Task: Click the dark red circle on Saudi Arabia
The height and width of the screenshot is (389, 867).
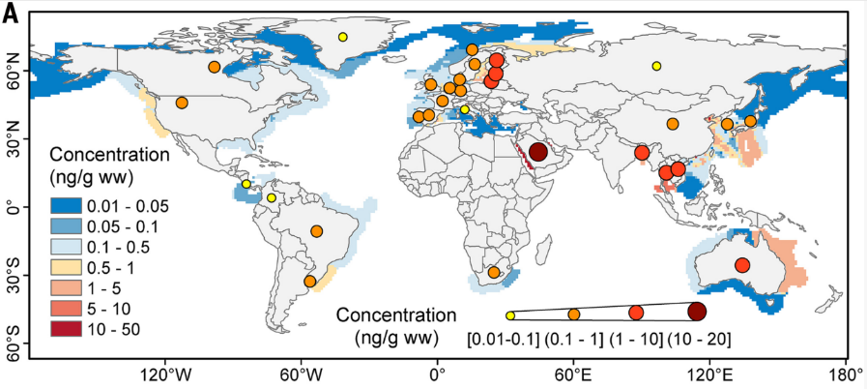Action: coord(538,152)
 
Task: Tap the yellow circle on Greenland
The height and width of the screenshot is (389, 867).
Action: coord(343,37)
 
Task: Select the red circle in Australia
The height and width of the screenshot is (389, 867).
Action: coord(742,265)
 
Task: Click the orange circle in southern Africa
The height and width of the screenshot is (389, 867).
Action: coord(494,272)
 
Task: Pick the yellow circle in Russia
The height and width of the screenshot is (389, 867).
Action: coord(656,66)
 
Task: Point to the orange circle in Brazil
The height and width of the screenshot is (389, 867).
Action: coord(317,231)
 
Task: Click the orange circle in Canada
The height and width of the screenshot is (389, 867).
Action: coord(214,67)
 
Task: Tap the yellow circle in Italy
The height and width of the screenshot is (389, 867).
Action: coord(465,109)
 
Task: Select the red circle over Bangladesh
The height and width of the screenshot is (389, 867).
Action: coord(642,153)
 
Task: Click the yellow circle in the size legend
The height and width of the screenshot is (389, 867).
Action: coord(509,315)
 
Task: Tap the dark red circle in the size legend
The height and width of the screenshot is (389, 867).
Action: coord(697,313)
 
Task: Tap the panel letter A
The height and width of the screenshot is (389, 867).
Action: coord(11,15)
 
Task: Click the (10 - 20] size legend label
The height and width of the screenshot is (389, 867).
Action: coord(700,339)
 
